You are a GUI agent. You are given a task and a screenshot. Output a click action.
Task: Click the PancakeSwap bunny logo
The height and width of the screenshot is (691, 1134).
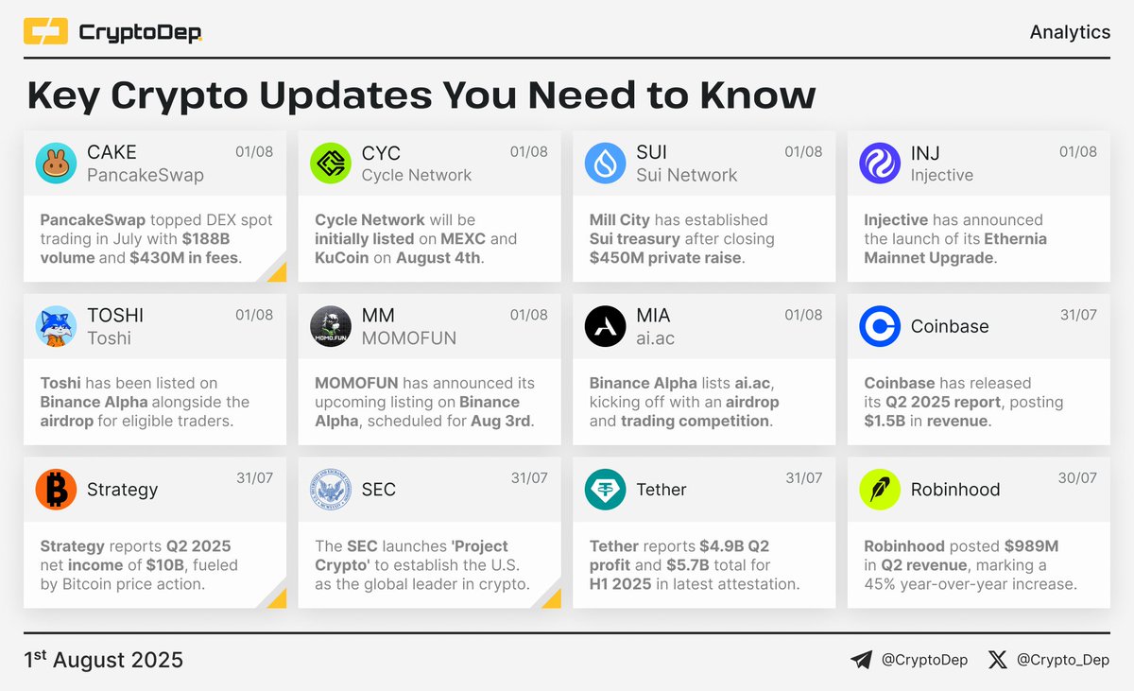pos(56,164)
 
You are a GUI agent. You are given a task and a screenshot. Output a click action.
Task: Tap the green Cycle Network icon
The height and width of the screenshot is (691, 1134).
pos(331,164)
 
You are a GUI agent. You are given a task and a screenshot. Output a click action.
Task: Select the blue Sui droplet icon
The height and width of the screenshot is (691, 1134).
pos(605,164)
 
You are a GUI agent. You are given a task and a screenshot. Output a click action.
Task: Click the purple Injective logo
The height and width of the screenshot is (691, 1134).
pos(880,164)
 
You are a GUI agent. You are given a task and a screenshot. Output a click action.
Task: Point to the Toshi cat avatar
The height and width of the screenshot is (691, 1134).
pos(56,326)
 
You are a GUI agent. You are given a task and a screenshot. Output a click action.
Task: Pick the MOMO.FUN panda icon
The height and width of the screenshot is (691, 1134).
pos(331,326)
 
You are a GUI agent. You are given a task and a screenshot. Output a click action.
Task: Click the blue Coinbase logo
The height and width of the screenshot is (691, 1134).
pos(880,326)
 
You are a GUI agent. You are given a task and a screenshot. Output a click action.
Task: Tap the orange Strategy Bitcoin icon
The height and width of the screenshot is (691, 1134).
pos(56,490)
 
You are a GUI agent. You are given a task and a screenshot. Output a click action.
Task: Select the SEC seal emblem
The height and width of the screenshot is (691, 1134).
pos(331,490)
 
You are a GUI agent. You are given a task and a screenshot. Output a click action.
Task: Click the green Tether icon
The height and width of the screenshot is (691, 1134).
pos(605,490)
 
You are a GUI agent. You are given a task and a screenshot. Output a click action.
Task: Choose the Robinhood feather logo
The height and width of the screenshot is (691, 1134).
pos(880,490)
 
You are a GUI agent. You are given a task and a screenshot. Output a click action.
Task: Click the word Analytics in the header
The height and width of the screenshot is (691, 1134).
pos(1070,32)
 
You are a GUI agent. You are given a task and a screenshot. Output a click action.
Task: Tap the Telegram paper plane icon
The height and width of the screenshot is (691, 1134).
pos(861,660)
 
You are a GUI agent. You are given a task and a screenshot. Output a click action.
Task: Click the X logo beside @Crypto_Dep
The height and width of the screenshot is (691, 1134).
pos(998,660)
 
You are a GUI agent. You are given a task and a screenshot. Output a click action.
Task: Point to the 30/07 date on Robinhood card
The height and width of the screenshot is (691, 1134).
pos(1077,478)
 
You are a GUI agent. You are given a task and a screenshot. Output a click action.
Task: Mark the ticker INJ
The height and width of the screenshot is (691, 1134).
pos(925,152)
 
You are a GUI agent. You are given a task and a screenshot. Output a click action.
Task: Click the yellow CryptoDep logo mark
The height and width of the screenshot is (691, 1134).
pos(45,32)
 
